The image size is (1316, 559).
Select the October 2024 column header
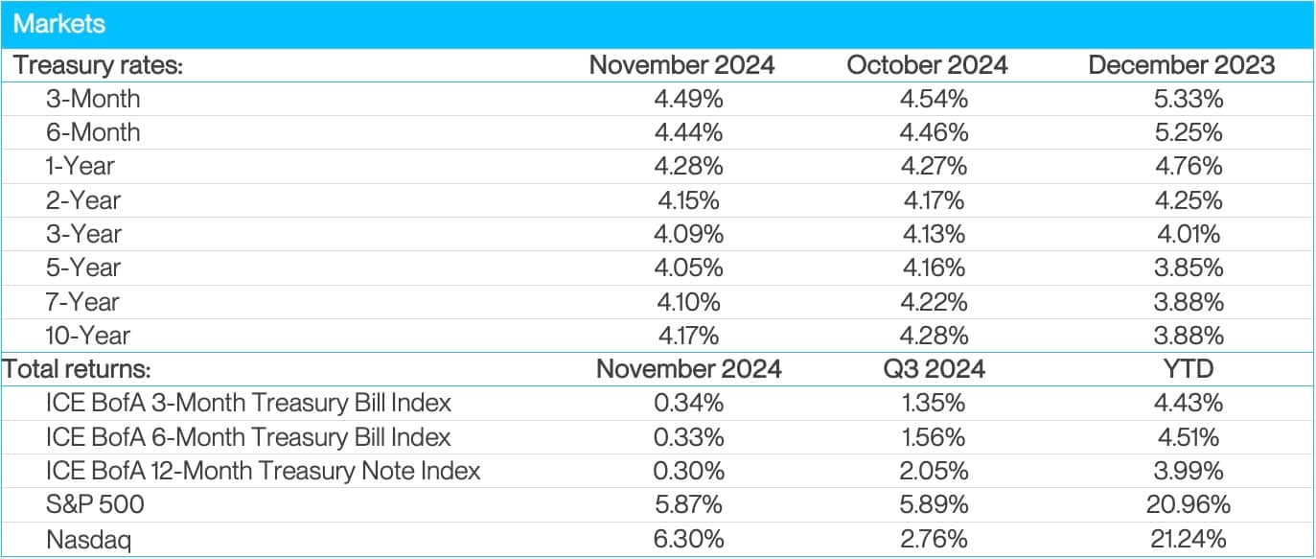(x=927, y=65)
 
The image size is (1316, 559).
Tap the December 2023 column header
(x=1181, y=65)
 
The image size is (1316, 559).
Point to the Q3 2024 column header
(x=927, y=369)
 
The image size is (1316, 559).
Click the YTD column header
(x=1181, y=369)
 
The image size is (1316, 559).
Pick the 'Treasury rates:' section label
(x=99, y=65)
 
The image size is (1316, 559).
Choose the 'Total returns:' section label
(x=79, y=369)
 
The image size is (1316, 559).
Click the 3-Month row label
(x=93, y=99)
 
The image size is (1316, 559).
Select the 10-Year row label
(x=88, y=336)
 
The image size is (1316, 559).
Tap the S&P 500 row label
(x=93, y=504)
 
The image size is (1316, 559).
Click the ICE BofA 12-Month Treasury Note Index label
(x=263, y=471)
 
